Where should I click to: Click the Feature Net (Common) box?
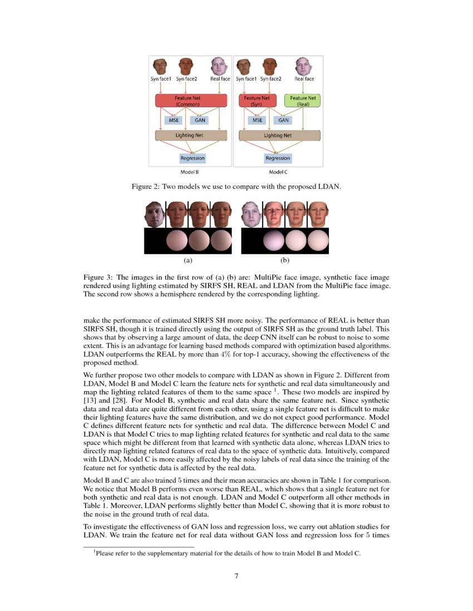coord(191,101)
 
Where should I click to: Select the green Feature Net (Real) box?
coord(303,101)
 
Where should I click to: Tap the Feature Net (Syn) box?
coord(257,101)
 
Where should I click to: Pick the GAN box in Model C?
coord(283,119)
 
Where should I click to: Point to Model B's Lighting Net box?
coord(191,135)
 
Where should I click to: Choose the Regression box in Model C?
coord(277,158)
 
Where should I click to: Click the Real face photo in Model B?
coord(220,67)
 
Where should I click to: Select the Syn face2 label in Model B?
coord(187,79)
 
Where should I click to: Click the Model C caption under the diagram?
coord(278,172)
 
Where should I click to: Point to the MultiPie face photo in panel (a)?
coord(154,214)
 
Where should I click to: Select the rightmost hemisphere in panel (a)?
coord(221,241)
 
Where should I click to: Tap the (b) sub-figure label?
coord(284,259)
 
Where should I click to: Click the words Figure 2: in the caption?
coord(145,187)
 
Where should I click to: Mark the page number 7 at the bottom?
coord(237,575)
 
